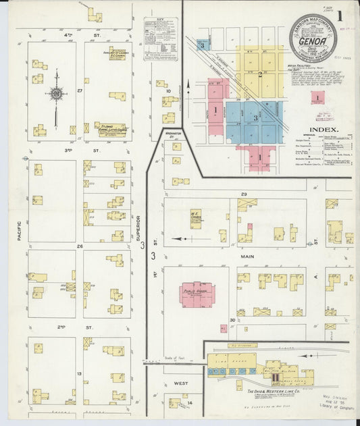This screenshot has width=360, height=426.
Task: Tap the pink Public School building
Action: (x=197, y=294)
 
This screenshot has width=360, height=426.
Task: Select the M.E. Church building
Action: (x=196, y=218)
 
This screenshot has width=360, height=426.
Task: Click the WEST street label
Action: (x=180, y=383)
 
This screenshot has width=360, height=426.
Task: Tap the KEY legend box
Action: (x=161, y=41)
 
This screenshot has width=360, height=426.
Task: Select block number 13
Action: (x=79, y=373)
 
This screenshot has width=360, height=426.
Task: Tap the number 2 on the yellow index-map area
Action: (x=259, y=74)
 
